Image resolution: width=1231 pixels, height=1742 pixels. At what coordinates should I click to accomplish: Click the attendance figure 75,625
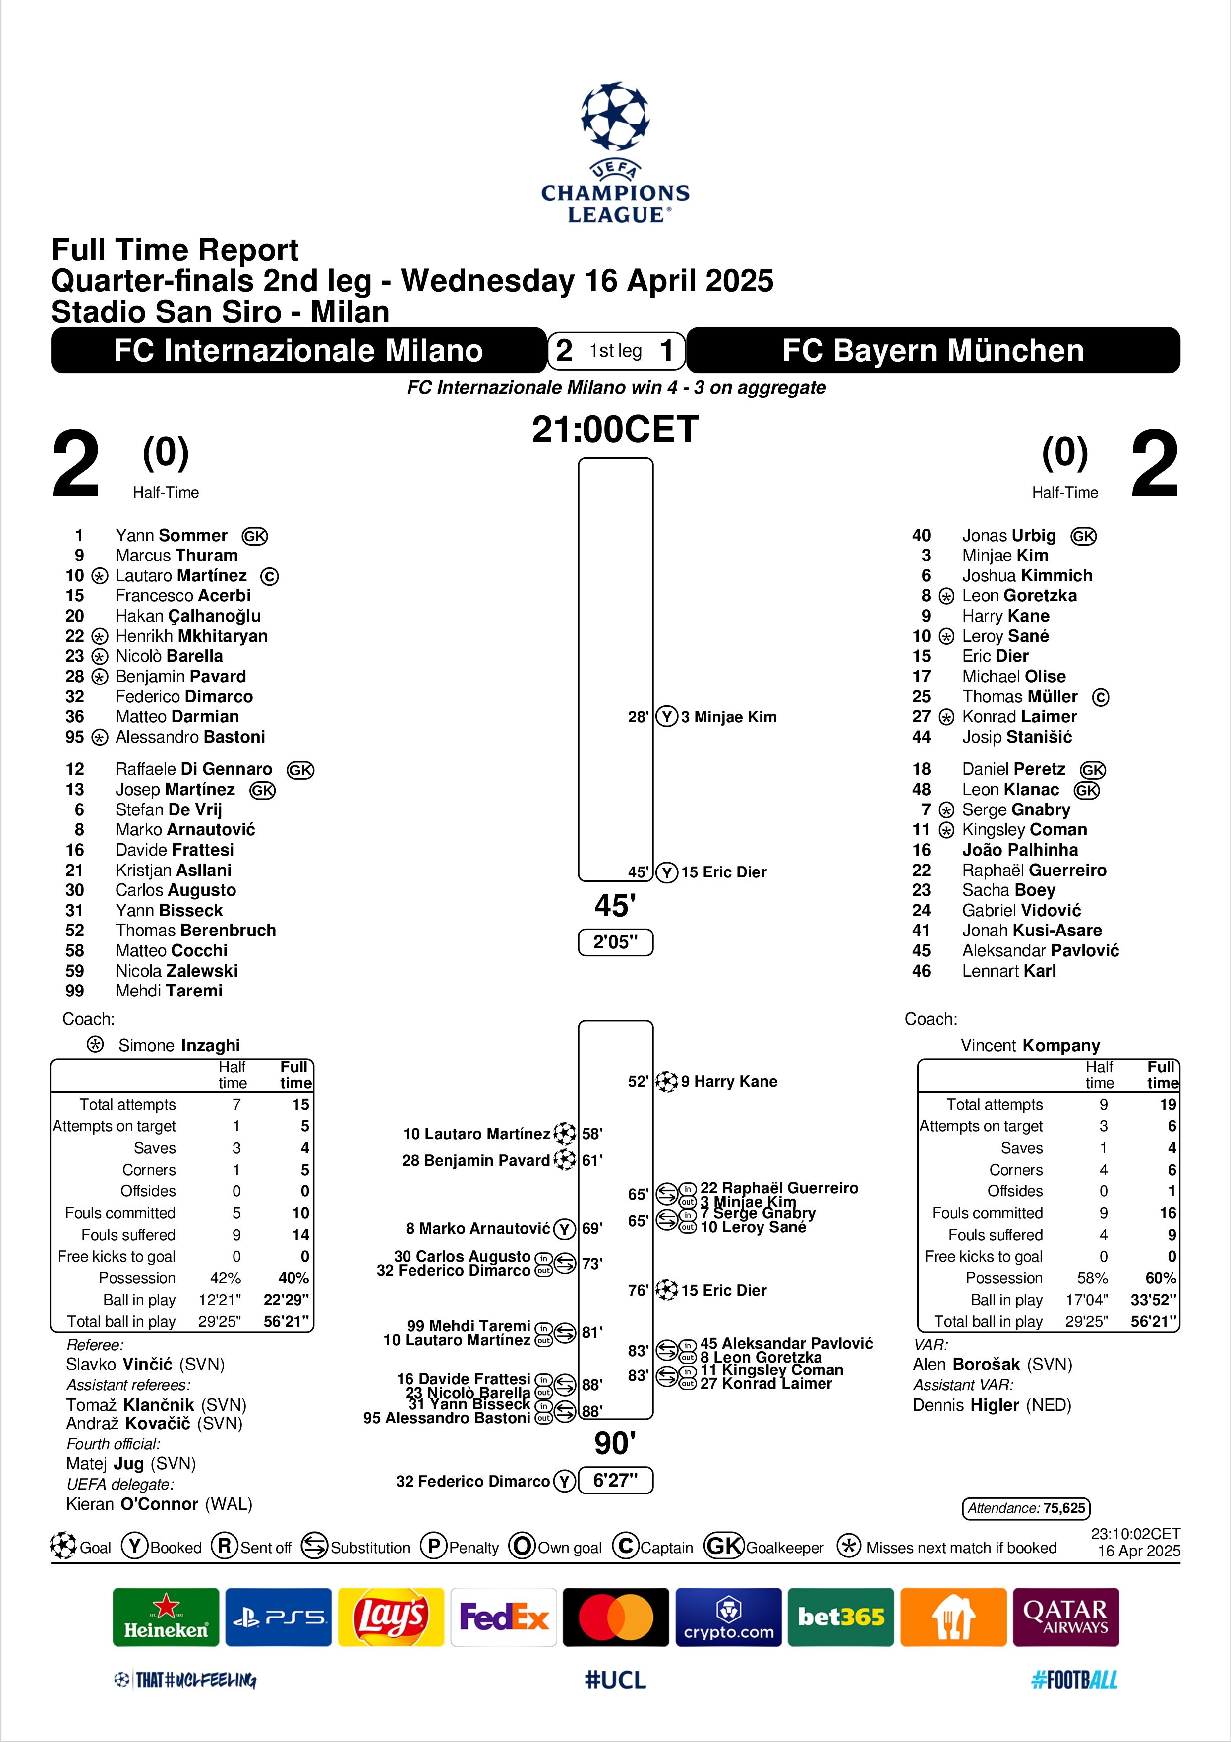click(x=1064, y=1507)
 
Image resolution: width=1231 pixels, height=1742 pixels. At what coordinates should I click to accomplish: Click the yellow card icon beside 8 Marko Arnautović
click(x=564, y=1228)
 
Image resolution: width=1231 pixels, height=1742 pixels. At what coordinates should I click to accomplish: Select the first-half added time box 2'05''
click(x=615, y=942)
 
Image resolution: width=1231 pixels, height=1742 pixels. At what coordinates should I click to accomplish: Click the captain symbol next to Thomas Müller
click(x=1101, y=697)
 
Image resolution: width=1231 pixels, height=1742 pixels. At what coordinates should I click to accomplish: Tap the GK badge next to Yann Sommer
click(x=255, y=536)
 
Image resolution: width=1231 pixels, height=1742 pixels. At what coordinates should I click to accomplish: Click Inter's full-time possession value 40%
click(x=293, y=1278)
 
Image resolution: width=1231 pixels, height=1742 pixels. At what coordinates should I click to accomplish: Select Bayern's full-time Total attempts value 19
click(x=1167, y=1105)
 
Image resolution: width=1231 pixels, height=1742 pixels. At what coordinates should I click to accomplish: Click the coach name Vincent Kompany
click(x=1030, y=1046)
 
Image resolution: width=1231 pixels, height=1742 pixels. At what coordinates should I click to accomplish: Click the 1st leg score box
click(x=616, y=351)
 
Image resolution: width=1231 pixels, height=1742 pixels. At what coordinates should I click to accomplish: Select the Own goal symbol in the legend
click(x=522, y=1546)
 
